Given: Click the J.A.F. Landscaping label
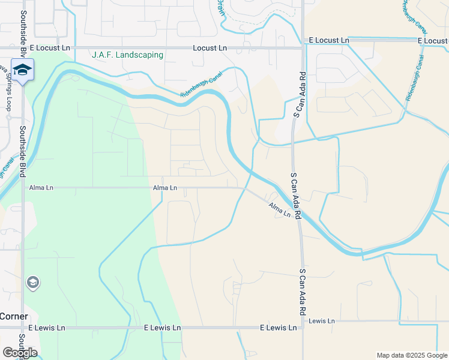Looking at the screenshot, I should click(127, 55).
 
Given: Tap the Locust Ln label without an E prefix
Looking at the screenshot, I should click(210, 47).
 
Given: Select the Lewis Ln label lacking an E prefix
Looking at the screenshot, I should click(322, 321).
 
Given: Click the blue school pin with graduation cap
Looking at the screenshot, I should click(23, 71).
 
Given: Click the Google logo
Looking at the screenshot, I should click(20, 352).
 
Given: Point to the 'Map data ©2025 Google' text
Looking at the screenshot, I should click(411, 355).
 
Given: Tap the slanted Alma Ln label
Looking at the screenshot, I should click(280, 210).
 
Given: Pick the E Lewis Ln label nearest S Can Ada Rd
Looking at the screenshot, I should click(279, 328).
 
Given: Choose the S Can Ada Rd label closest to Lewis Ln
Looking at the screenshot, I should click(303, 293).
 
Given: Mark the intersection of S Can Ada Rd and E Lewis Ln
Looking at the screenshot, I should click(303, 328).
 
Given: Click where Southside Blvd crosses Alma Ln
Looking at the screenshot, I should click(23, 188).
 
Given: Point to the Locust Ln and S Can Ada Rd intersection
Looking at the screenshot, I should click(303, 47).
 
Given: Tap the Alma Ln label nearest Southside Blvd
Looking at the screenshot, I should click(41, 188).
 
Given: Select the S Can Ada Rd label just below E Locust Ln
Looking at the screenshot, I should click(295, 95).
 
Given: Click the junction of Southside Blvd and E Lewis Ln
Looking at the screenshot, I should click(23, 328).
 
